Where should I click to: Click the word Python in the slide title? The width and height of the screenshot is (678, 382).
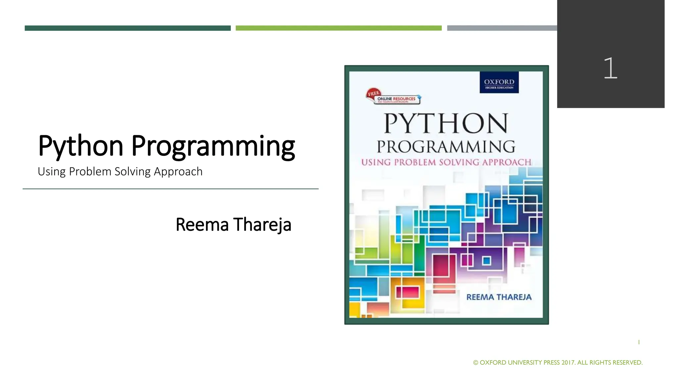pyautogui.click(x=80, y=146)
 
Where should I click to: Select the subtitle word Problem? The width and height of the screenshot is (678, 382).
pyautogui.click(x=90, y=172)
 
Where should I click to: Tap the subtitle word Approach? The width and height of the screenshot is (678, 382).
pyautogui.click(x=178, y=172)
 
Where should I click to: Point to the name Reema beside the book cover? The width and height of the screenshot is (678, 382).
pyautogui.click(x=202, y=224)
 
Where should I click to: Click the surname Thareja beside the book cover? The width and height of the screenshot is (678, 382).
pyautogui.click(x=262, y=224)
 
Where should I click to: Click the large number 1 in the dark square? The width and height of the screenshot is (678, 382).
pyautogui.click(x=610, y=68)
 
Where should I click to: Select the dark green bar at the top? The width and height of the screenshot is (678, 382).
pyautogui.click(x=127, y=28)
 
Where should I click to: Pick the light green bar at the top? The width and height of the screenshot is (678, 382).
pyautogui.click(x=338, y=28)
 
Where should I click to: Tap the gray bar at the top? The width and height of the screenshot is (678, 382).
pyautogui.click(x=502, y=28)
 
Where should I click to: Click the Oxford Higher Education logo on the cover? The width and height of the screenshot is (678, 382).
pyautogui.click(x=499, y=83)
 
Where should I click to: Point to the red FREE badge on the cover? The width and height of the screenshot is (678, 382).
pyautogui.click(x=373, y=94)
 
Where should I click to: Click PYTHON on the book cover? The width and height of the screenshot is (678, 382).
pyautogui.click(x=446, y=123)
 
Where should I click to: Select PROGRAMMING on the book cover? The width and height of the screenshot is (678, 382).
pyautogui.click(x=446, y=147)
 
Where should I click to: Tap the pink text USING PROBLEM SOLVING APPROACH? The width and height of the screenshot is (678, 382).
pyautogui.click(x=446, y=162)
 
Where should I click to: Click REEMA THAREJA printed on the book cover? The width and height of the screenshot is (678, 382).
pyautogui.click(x=499, y=297)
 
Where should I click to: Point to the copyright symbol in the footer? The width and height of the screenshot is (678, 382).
pyautogui.click(x=476, y=363)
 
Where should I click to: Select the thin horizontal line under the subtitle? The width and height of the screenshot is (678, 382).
pyautogui.click(x=170, y=189)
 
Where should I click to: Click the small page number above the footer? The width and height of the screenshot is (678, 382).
pyautogui.click(x=639, y=342)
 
